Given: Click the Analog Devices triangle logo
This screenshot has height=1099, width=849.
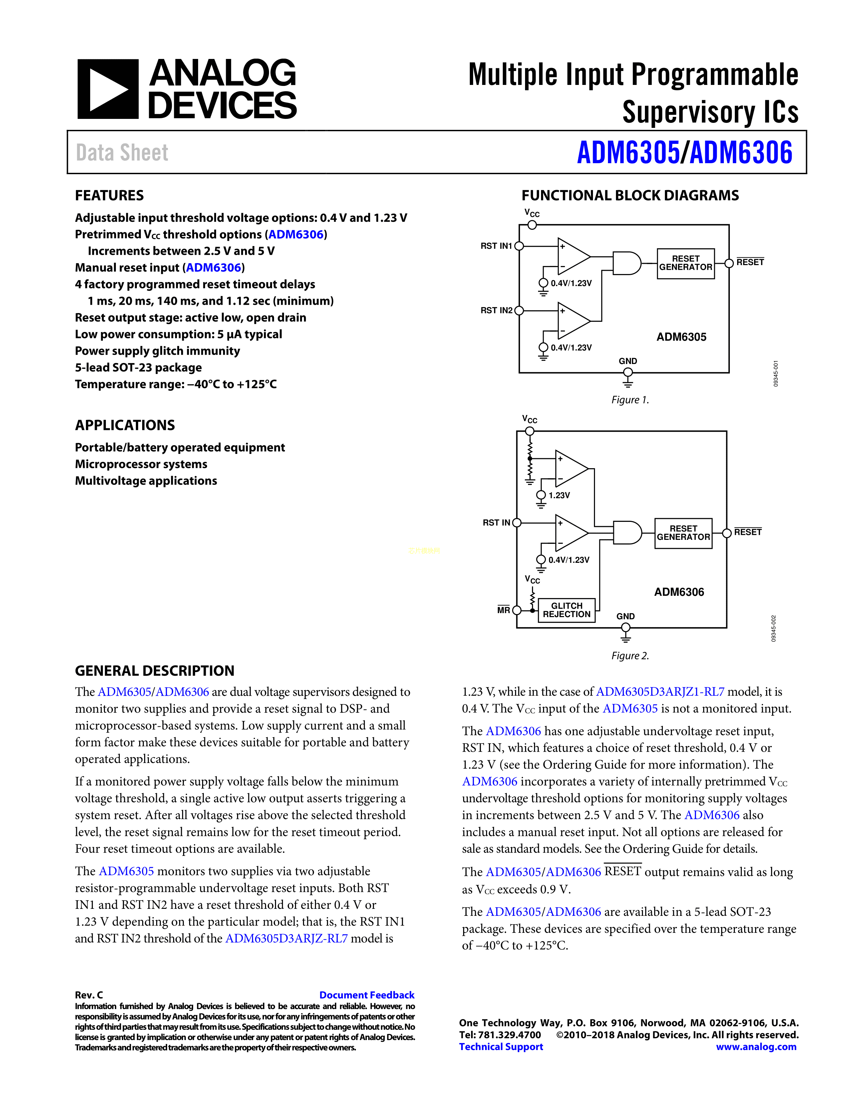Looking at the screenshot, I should [108, 89].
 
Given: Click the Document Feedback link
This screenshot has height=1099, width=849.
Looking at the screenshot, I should [367, 995].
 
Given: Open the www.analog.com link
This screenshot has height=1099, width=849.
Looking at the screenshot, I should [756, 1047].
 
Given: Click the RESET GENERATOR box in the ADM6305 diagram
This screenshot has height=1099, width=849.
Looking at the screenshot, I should [686, 263].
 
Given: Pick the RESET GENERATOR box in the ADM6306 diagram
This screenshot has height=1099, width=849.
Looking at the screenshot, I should [683, 533].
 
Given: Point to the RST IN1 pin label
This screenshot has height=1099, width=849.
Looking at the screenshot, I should [496, 246].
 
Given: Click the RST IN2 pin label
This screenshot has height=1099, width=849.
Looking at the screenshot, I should [496, 310].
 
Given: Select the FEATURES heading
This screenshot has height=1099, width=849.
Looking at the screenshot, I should [109, 195].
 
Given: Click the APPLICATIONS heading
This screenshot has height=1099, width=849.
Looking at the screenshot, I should [125, 425].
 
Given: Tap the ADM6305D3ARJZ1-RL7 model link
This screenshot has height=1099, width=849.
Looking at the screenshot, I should [660, 692].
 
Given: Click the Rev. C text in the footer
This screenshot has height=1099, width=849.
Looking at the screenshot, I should [89, 995].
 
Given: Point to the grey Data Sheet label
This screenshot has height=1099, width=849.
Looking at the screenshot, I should [122, 153].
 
